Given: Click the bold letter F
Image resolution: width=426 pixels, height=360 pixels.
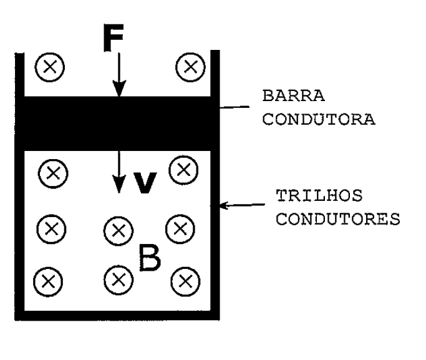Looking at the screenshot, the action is click(x=114, y=37).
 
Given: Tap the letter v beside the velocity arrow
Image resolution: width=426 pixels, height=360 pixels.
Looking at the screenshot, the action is click(x=145, y=183).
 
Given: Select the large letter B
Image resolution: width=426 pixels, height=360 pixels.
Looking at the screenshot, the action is click(x=150, y=258).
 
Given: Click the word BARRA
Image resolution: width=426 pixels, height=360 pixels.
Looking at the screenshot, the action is click(x=294, y=95).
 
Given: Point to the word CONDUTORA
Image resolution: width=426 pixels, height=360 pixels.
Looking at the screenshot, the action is click(x=319, y=119).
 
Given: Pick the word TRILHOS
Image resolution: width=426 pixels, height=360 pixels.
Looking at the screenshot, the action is click(x=319, y=195).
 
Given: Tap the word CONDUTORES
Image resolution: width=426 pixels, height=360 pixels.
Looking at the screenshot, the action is click(x=338, y=219).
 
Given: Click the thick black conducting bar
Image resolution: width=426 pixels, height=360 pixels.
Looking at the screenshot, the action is click(x=117, y=124).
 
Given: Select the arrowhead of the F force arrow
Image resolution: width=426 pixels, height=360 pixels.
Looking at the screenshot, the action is click(x=119, y=89).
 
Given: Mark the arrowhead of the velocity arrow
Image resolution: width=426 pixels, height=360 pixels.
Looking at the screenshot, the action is click(x=119, y=184).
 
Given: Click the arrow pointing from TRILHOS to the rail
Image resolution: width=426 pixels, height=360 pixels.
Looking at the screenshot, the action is click(x=242, y=205).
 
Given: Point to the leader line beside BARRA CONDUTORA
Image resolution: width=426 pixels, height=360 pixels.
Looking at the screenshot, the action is click(x=234, y=107).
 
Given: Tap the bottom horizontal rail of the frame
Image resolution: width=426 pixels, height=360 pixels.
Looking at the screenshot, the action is click(x=117, y=316).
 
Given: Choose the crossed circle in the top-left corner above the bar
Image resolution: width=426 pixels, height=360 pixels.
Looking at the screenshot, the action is click(x=50, y=67).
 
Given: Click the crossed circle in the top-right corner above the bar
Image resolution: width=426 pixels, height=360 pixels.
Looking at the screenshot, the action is click(x=190, y=67).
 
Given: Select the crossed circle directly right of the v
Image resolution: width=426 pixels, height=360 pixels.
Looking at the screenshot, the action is click(x=183, y=170).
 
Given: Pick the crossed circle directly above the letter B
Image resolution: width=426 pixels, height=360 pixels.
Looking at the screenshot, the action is click(x=119, y=231).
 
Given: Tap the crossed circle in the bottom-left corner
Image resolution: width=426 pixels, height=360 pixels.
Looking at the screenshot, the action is click(x=49, y=282).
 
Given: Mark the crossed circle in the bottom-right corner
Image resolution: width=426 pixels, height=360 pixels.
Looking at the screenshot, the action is click(x=186, y=281).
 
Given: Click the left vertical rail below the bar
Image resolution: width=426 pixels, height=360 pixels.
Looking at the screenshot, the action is click(x=19, y=231).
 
